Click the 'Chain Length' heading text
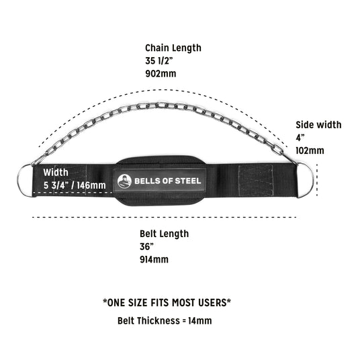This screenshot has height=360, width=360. coord(173,48)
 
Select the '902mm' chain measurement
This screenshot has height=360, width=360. coord(161,74)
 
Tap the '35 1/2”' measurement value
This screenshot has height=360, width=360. coord(159,61)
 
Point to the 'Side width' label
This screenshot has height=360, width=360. coord(318,125)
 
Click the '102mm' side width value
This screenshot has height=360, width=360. coord(310,150)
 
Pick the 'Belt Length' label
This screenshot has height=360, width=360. coord(164,234)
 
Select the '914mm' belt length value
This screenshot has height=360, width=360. coord(154,259)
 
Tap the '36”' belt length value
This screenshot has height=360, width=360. coord(146,246)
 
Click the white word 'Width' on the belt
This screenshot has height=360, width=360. coord(56,173)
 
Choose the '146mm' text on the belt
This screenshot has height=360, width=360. coord(91,185)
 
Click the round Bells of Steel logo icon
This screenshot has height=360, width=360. coord(124,181)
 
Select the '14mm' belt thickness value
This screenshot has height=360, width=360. coord(200,321)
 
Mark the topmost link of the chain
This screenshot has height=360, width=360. coord(162,105)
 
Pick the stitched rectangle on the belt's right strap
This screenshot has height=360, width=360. coord(256,180)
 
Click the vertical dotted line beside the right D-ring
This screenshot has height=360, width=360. coord(317,180)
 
